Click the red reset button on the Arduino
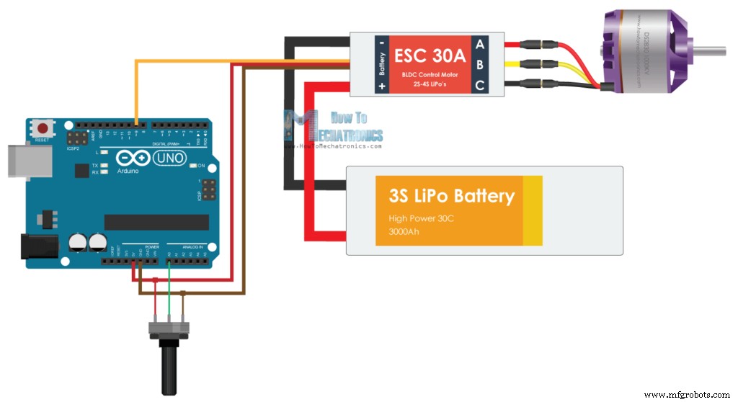click(42, 128)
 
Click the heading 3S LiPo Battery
click(451, 196)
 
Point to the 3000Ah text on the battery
click(404, 232)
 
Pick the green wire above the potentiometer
click(169, 295)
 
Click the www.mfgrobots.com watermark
click(686, 395)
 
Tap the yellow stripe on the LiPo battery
click(533, 210)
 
